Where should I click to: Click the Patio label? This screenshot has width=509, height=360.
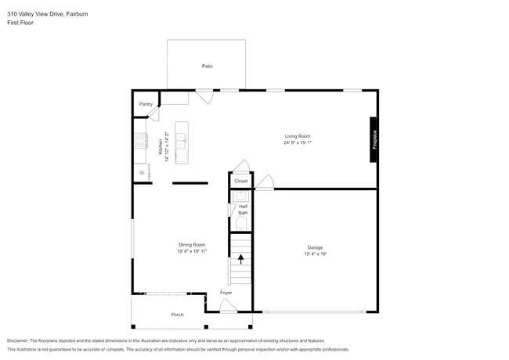[208, 67]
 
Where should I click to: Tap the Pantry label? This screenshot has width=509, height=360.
[146, 104]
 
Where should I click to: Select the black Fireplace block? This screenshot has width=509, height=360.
[374, 139]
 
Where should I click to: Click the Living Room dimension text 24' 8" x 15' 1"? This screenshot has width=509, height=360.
[298, 142]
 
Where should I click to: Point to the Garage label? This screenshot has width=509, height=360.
[315, 247]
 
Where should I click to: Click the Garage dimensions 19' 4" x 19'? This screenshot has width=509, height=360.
[315, 254]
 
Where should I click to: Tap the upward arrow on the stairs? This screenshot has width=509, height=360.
[241, 259]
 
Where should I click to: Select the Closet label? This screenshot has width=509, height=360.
[241, 182]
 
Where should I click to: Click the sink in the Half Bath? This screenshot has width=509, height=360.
[241, 196]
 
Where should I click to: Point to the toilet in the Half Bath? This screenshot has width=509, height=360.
[241, 224]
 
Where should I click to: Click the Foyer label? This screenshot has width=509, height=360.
[226, 293]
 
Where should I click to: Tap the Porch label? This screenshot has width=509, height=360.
[177, 315]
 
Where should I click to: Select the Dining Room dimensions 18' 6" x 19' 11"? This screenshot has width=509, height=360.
[192, 251]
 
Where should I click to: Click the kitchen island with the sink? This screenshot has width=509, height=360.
[182, 142]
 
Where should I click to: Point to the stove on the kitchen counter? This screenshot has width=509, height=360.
[141, 141]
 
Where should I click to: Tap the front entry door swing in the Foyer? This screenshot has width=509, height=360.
[228, 305]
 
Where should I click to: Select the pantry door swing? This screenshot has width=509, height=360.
[153, 113]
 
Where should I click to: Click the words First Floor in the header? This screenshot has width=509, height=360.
[20, 23]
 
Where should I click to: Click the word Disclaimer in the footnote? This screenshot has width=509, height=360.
[17, 341]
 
